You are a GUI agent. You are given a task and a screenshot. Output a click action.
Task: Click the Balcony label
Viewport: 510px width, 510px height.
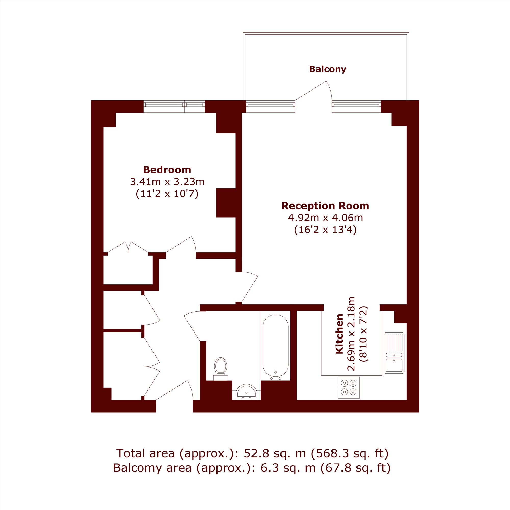[x=328, y=69]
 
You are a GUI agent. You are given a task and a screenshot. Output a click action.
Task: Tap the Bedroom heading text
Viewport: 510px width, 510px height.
[x=167, y=170]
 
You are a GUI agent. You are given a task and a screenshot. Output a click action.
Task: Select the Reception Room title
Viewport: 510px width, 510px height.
[x=325, y=206]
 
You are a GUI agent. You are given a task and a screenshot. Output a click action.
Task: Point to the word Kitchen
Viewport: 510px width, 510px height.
[x=339, y=334]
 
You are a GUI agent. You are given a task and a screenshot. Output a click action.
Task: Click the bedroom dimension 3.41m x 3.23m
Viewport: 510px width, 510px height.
[x=167, y=182]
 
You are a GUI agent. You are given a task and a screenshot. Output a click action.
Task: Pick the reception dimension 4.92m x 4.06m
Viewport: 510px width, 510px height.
[x=325, y=218]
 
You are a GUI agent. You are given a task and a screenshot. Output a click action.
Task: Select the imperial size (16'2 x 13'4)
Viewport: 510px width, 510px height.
[x=325, y=230]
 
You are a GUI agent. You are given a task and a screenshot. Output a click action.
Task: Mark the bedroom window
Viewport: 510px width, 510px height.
[x=174, y=107]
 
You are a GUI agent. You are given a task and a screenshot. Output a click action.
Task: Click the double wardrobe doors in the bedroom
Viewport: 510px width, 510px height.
[x=128, y=247]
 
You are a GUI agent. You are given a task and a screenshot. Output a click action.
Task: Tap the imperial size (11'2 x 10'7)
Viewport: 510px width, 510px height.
[x=167, y=194]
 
